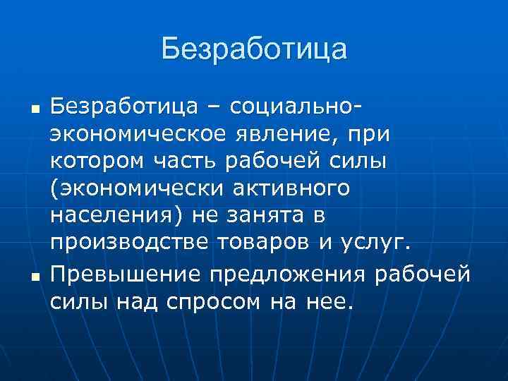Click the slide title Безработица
coord(254,50)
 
